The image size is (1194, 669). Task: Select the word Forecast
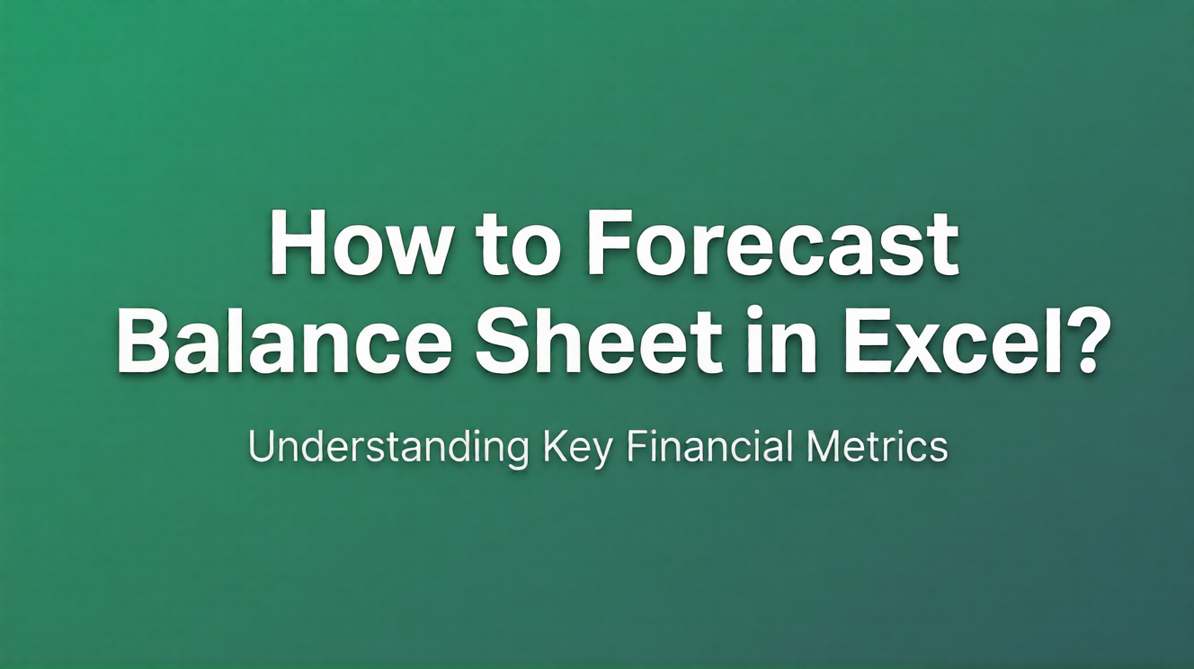coord(772,245)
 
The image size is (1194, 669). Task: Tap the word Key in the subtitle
coord(577,448)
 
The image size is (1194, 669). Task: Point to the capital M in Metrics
coord(825,446)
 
